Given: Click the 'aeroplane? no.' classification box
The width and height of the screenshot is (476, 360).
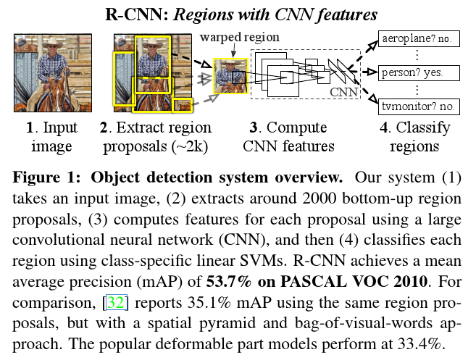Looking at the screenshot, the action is pos(419,38).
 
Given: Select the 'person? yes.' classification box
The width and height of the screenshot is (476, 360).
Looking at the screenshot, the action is pos(419,73).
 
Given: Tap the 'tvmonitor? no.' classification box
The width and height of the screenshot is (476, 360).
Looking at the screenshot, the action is pos(419,106).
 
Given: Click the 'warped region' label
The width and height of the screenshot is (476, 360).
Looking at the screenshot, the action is pos(240,38).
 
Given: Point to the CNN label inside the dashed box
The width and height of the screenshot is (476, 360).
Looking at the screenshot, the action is pos(343,92).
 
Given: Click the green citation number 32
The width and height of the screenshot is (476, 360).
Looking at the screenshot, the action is pos(116,302).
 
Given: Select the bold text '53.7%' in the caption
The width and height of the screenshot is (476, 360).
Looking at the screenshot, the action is pos(229,281).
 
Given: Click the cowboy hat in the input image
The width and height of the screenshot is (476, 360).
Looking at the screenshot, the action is pos(52,43).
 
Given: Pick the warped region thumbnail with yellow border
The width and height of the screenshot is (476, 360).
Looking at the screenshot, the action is pos(230,76).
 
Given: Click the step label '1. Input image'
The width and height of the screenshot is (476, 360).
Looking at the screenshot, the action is pos(52,137).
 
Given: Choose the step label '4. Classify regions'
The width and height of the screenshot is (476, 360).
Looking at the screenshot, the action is pos(414,137).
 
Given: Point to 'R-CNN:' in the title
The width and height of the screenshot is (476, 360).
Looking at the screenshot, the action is pos(137,14).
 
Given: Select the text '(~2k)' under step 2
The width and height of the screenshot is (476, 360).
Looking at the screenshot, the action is pos(190,147).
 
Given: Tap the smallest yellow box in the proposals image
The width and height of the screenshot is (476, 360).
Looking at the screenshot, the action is pos(182,106).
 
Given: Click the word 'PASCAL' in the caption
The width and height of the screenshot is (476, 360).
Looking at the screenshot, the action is pos(313,281).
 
